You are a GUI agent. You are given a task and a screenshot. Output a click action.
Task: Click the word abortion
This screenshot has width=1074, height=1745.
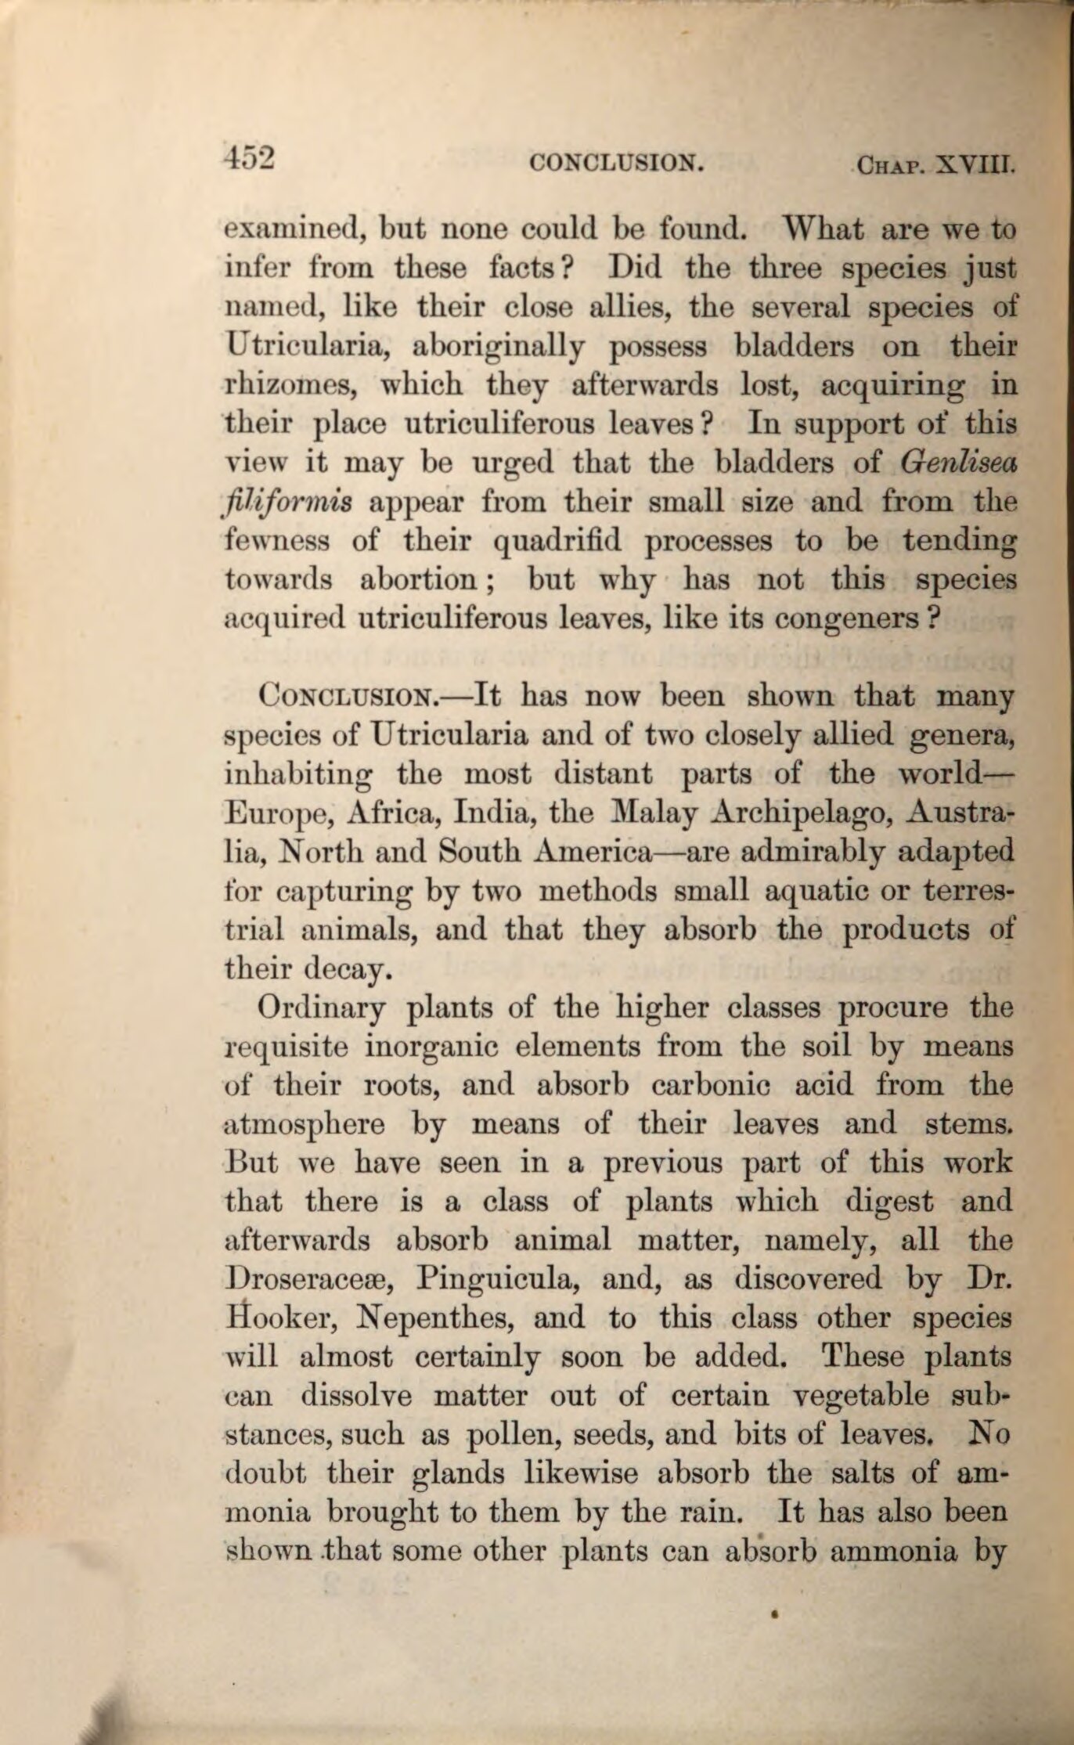click(418, 580)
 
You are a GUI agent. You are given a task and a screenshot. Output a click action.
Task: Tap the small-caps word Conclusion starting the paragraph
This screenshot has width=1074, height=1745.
click(346, 695)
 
